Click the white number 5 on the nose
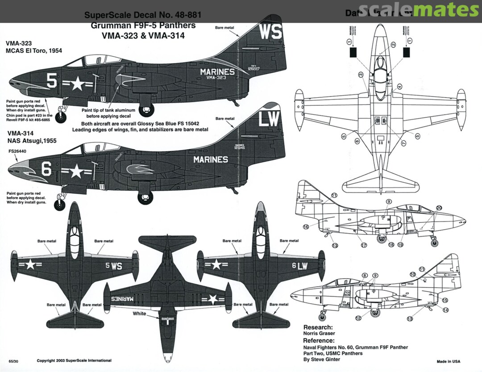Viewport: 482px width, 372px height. pyautogui.click(x=52, y=81)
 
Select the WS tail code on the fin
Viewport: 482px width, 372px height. pyautogui.click(x=270, y=32)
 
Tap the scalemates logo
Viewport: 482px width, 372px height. pyautogui.click(x=418, y=10)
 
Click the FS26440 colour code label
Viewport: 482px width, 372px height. pyautogui.click(x=17, y=151)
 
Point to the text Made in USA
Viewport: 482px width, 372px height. pyautogui.click(x=448, y=361)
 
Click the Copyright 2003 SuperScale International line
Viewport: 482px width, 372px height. pyautogui.click(x=74, y=360)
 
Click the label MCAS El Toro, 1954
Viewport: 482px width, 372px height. pyautogui.click(x=34, y=51)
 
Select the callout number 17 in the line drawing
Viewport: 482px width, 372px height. pyautogui.click(x=364, y=245)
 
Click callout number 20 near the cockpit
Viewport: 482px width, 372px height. pyautogui.click(x=439, y=208)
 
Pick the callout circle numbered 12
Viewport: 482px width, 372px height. pyautogui.click(x=358, y=318)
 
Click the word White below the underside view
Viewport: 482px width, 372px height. pyautogui.click(x=139, y=313)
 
